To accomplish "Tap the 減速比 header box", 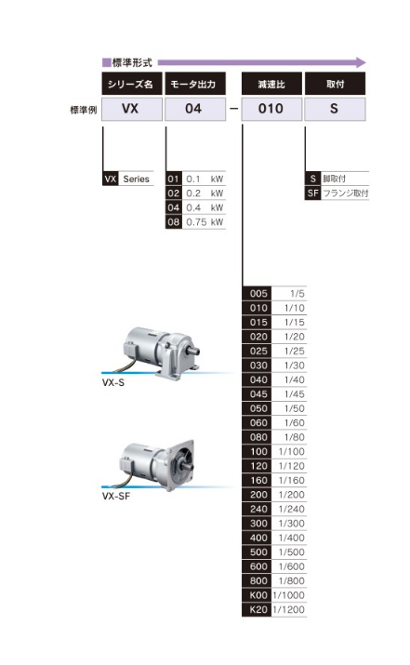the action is pyautogui.click(x=271, y=84).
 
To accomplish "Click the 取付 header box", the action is pyautogui.click(x=335, y=84).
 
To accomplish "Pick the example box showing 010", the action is pyautogui.click(x=271, y=109).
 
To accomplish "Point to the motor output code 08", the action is pyautogui.click(x=174, y=221).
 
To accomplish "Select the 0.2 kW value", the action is pyautogui.click(x=205, y=193).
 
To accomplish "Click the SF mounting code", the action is pyautogui.click(x=313, y=193).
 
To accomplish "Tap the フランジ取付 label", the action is pyautogui.click(x=346, y=193).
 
